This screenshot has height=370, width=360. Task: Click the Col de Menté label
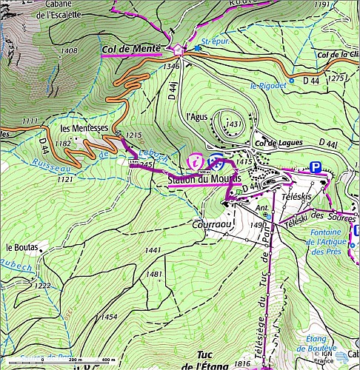[130, 49]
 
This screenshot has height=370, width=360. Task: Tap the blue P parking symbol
[316, 168]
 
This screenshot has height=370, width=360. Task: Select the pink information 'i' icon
[196, 160]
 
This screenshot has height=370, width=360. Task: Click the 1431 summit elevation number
[234, 123]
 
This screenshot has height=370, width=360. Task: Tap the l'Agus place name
[197, 116]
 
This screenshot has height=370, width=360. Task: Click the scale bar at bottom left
[78, 359]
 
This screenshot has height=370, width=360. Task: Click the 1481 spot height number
[154, 274]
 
